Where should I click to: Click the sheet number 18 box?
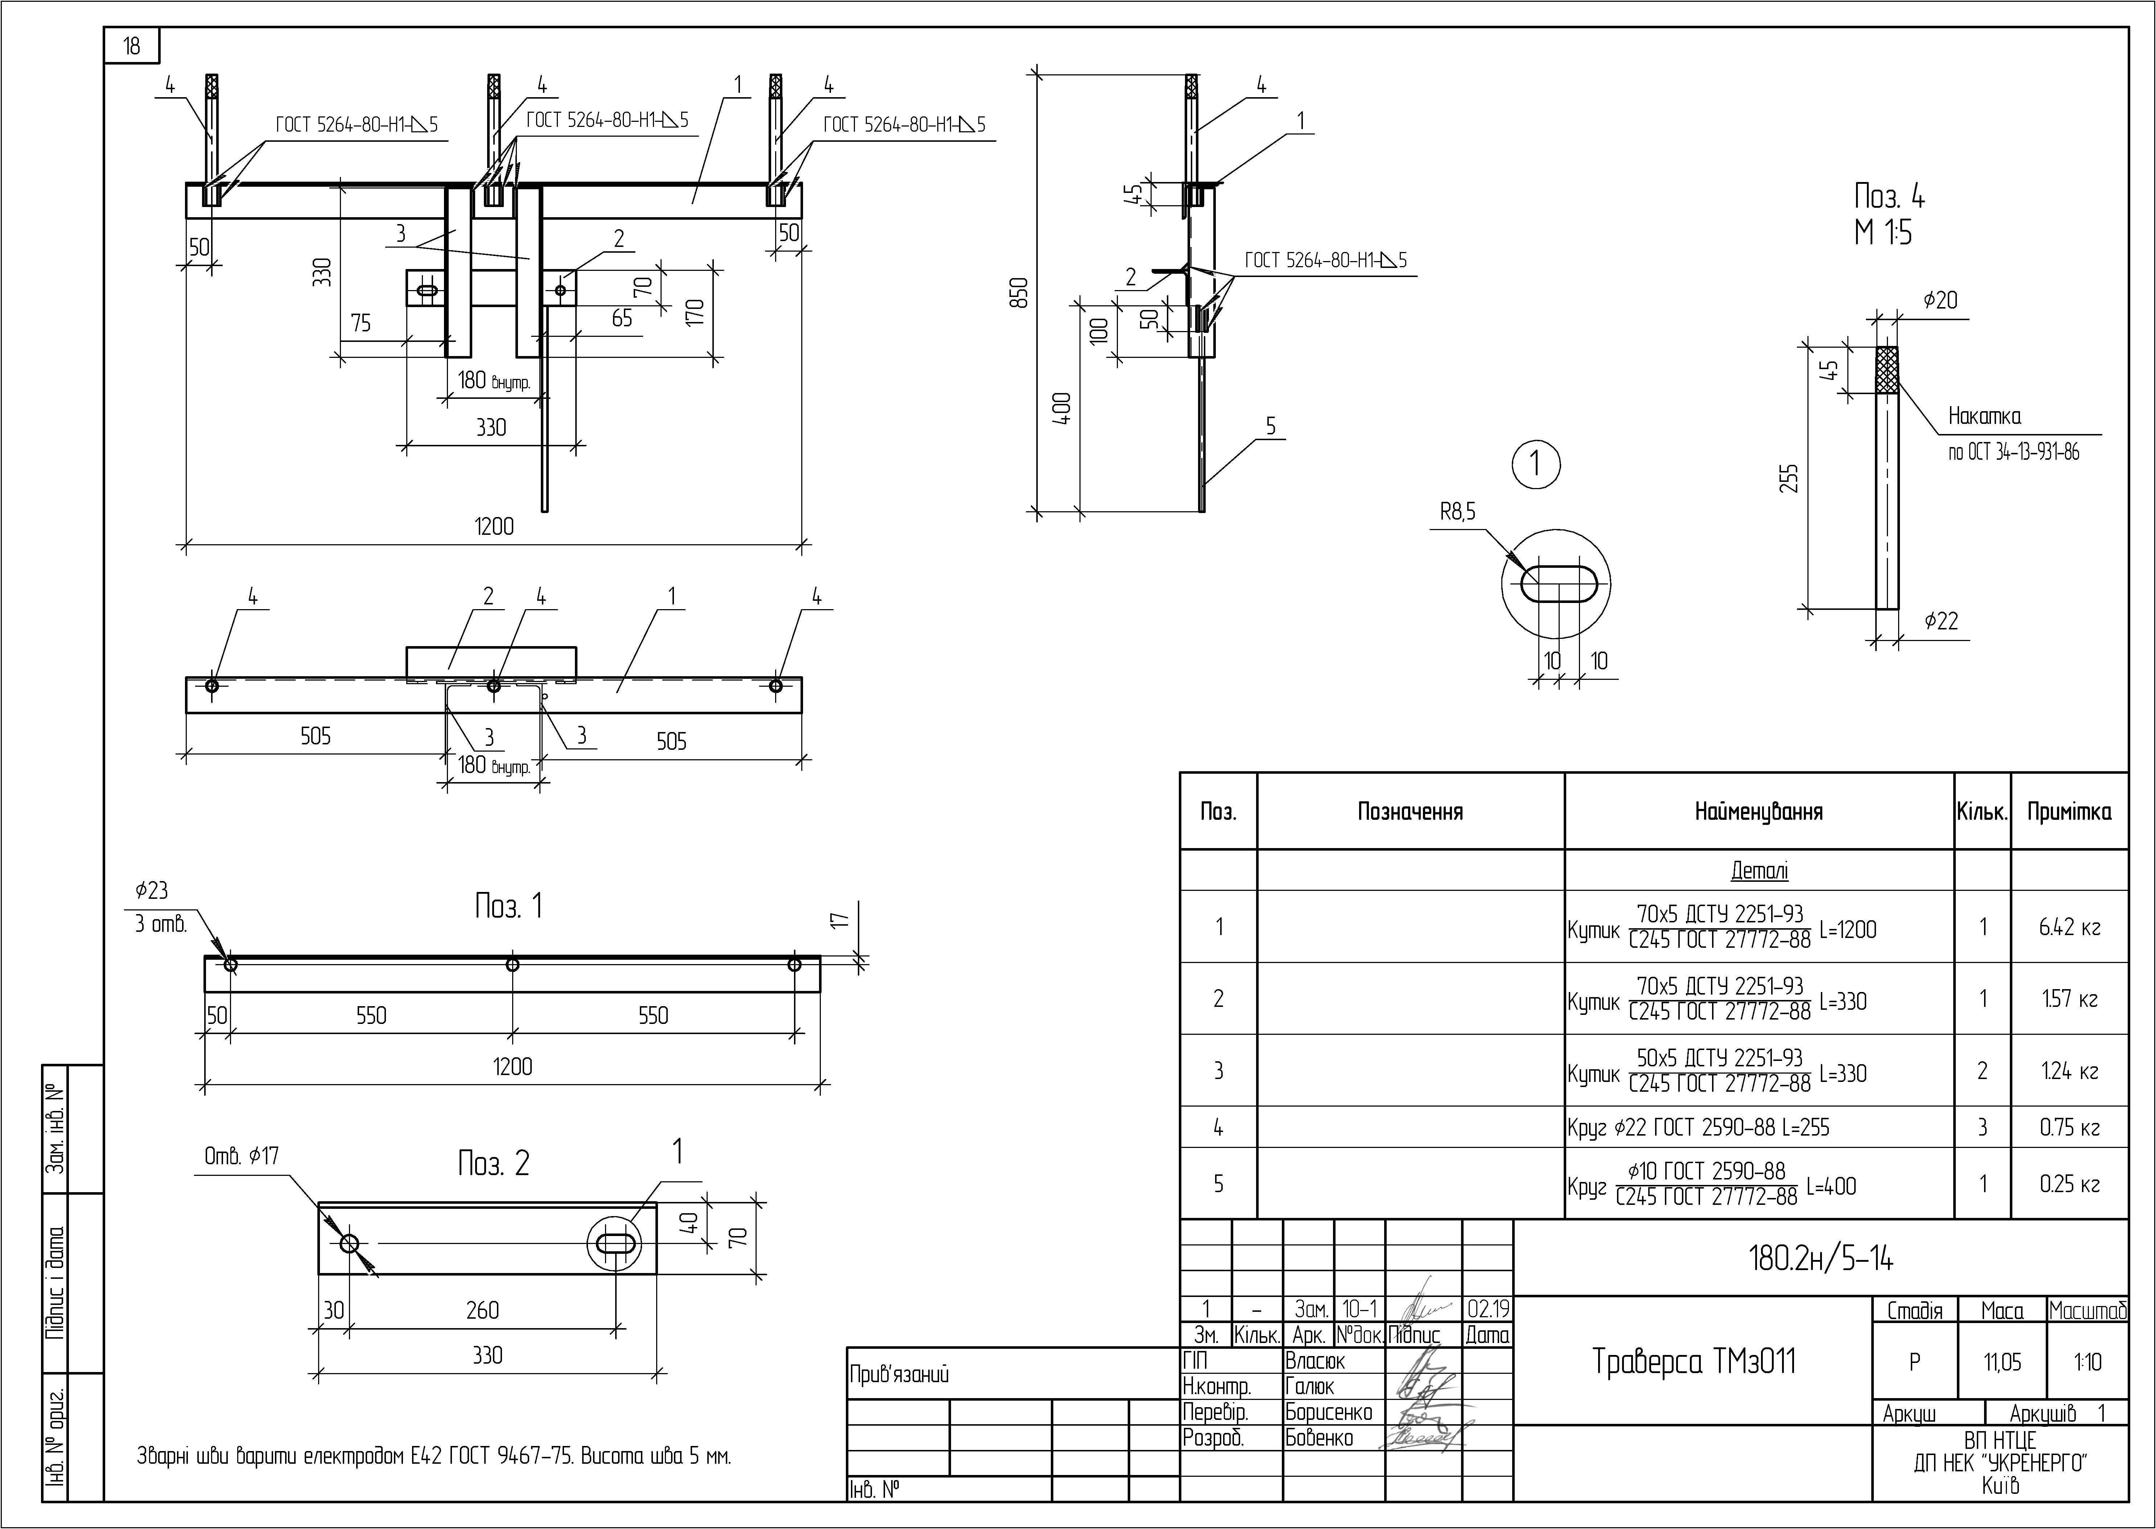click(x=132, y=45)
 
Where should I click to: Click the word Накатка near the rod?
click(x=1984, y=416)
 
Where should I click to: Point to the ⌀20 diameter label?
click(x=1940, y=300)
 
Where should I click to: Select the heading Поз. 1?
click(x=509, y=907)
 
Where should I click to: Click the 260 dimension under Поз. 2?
click(x=482, y=1310)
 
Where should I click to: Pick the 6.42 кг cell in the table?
click(x=2069, y=927)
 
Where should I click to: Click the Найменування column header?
click(x=1758, y=811)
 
